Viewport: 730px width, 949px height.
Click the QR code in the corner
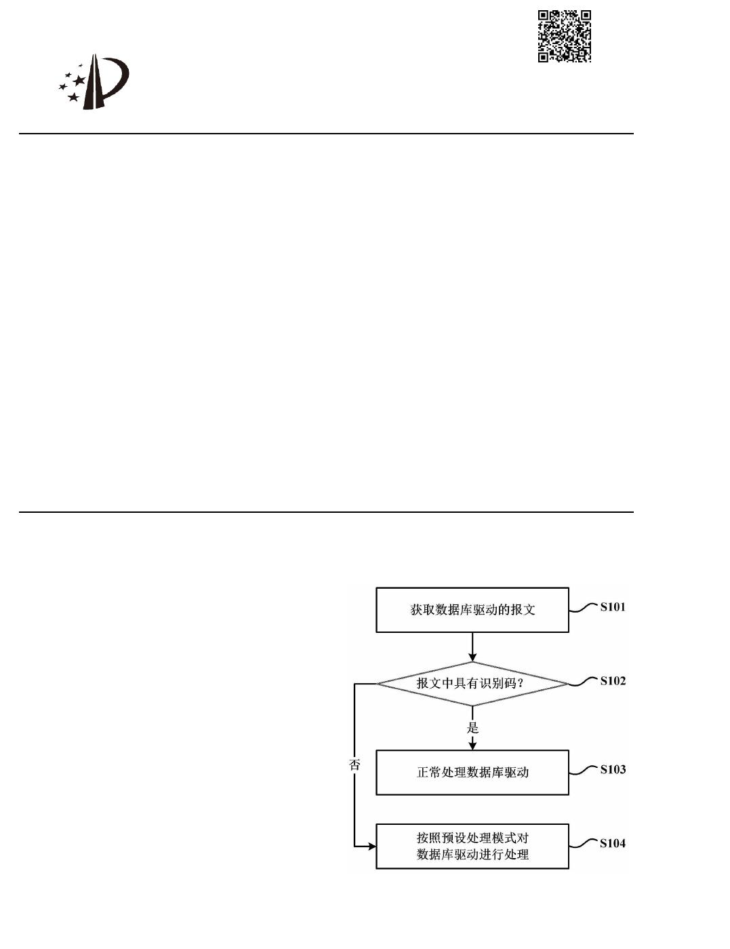point(565,36)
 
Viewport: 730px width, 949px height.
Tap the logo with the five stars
point(94,82)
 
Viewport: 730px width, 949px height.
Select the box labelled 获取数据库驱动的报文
point(472,610)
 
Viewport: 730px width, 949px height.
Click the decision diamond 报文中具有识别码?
point(472,683)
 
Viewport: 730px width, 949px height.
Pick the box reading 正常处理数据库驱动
point(472,772)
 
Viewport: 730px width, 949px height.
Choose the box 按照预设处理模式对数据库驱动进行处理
point(472,846)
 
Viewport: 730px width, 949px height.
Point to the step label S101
point(613,607)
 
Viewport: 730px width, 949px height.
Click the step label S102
point(613,681)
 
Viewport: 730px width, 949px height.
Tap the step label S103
point(613,769)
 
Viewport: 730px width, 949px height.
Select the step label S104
point(613,843)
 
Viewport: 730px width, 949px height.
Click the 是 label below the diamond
point(472,728)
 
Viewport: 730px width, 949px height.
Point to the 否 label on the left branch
point(354,764)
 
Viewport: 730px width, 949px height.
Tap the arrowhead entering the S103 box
point(472,745)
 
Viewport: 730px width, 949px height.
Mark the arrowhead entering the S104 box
point(371,847)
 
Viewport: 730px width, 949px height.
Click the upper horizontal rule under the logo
point(325,134)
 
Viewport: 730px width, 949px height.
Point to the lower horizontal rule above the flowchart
point(325,511)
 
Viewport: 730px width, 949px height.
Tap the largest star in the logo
point(79,80)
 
